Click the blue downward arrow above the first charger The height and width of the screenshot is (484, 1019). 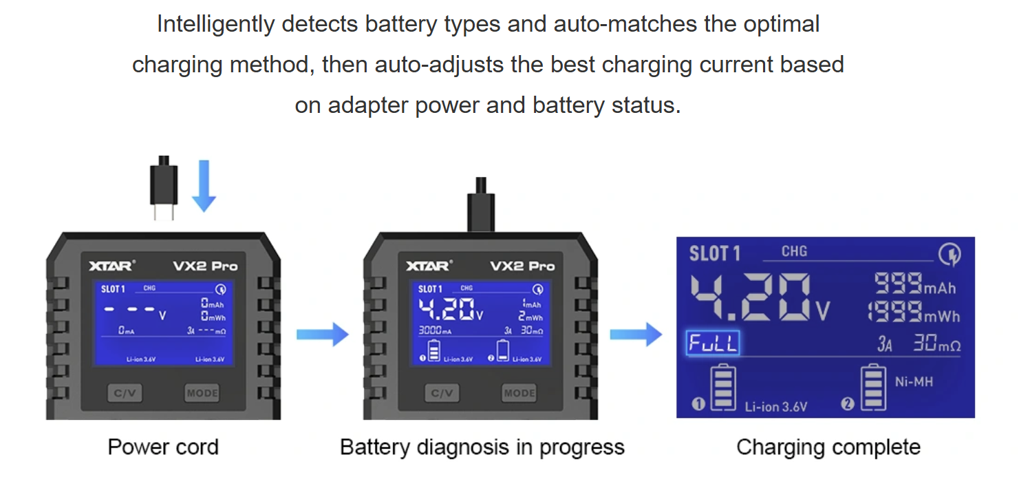coord(204,186)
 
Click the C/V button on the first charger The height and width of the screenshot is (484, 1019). coord(125,393)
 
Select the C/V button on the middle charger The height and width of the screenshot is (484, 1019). coord(441,393)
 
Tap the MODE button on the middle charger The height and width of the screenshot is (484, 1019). coord(519,393)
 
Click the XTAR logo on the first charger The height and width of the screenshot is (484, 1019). coord(112,266)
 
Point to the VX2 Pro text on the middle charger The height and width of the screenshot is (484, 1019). coord(522,266)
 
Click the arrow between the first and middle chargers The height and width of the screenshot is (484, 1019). coord(322,335)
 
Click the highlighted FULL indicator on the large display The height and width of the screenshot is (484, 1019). coord(713,343)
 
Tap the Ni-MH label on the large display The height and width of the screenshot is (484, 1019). coord(914,381)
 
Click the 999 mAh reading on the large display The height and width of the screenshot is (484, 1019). coord(914,284)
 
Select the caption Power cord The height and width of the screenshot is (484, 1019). coord(163,447)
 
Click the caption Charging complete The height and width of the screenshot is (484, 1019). coord(828,447)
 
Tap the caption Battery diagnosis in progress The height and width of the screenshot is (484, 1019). coord(482,447)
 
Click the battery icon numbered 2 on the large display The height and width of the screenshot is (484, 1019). coord(873,387)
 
